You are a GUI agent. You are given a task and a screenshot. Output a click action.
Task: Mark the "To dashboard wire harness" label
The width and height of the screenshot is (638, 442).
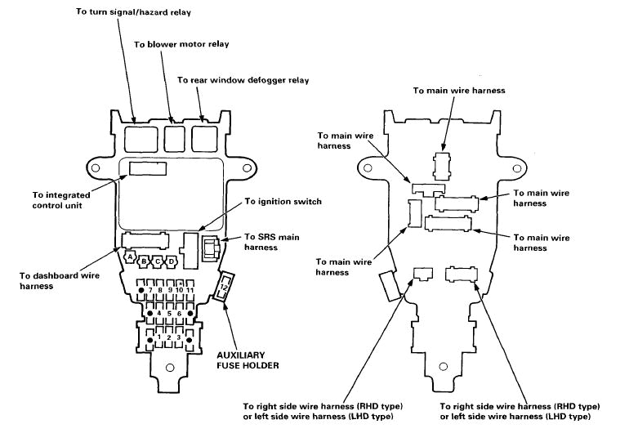point(50,281)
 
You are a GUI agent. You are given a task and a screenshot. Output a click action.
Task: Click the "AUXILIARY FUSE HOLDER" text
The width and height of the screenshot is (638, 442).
point(248,360)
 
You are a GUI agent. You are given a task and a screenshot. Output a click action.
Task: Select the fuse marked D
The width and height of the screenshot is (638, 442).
point(172,262)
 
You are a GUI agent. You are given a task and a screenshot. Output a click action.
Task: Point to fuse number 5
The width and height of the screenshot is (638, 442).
point(167,313)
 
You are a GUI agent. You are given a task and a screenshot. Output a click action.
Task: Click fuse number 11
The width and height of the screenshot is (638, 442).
point(190,290)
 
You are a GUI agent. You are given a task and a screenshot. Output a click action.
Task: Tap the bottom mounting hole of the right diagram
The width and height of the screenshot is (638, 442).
point(444,368)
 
